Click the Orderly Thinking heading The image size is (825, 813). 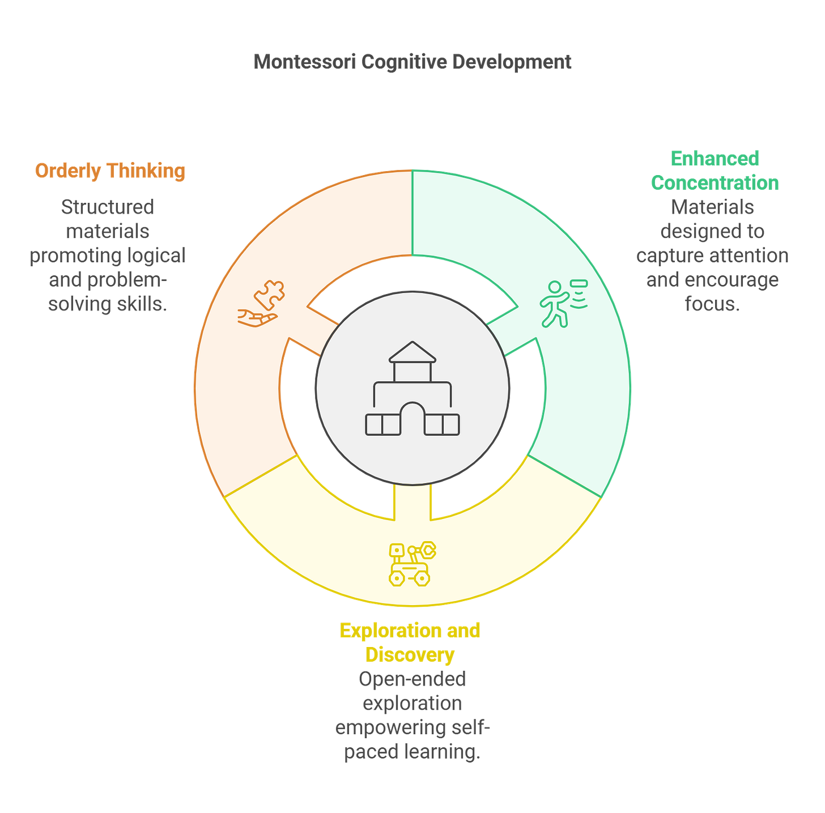110,171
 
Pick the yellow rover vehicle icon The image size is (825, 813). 412,564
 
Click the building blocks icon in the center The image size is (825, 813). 412,389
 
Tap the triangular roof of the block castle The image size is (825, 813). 412,352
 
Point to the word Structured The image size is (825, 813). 108,207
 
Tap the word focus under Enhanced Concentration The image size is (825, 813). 712,304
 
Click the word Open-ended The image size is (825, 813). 412,679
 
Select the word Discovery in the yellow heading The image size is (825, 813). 409,655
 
